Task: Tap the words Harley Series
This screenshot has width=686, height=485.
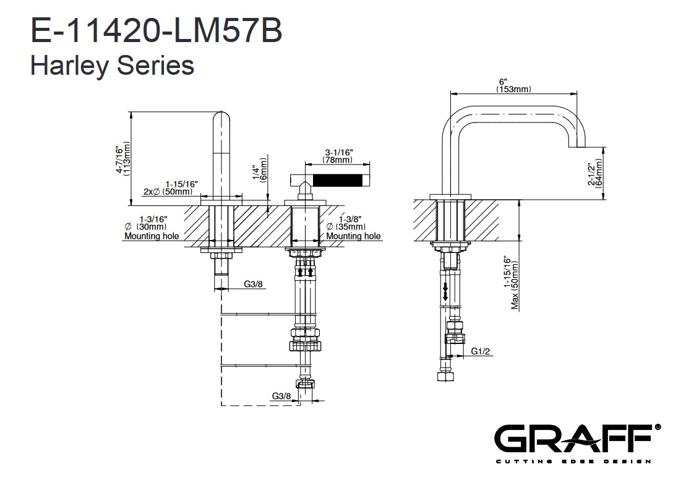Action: click(112, 65)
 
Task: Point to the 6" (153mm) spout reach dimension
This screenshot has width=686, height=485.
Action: click(513, 86)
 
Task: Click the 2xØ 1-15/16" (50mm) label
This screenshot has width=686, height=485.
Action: click(171, 188)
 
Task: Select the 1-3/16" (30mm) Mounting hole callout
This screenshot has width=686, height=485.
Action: click(152, 227)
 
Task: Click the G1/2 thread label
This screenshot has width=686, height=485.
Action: click(481, 351)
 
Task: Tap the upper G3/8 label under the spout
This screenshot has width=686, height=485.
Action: click(252, 284)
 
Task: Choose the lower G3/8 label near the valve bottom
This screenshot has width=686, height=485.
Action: click(281, 396)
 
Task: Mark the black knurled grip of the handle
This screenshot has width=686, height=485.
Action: click(338, 180)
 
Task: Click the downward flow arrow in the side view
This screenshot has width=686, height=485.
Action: click(444, 290)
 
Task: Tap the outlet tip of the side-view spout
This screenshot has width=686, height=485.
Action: click(577, 146)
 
